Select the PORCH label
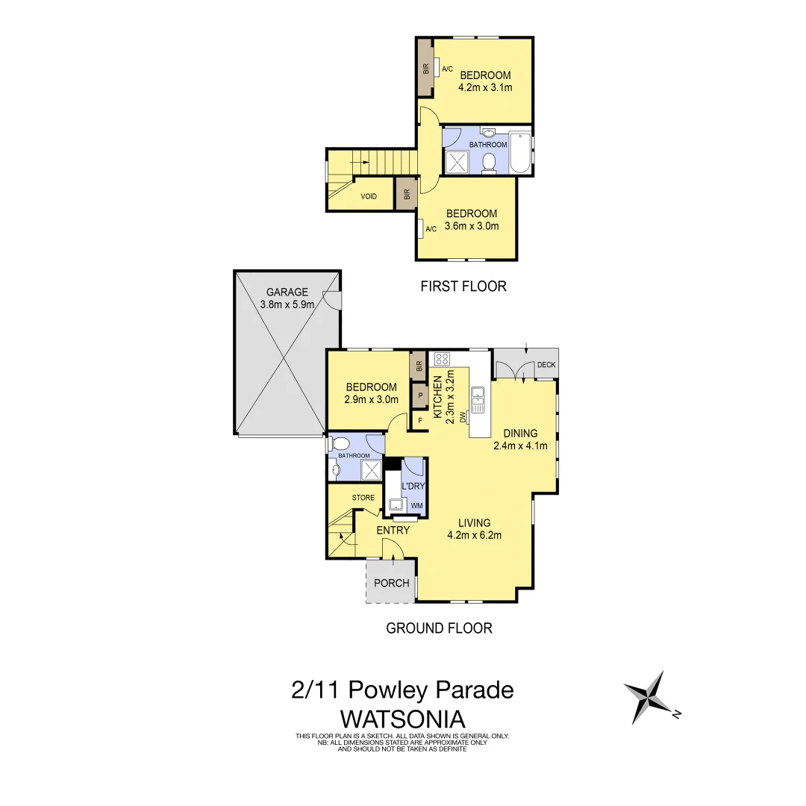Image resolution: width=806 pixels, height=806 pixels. click(x=392, y=583)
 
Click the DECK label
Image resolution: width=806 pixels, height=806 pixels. click(x=546, y=365)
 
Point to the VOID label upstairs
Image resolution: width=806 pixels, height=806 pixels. click(x=369, y=196)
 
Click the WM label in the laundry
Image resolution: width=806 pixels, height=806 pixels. click(x=416, y=507)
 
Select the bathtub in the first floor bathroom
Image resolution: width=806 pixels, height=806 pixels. click(x=519, y=153)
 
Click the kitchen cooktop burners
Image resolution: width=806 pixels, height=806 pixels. click(x=440, y=358)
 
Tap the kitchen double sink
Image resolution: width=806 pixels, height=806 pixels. click(x=478, y=398)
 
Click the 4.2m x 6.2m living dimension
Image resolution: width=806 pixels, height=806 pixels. click(x=474, y=534)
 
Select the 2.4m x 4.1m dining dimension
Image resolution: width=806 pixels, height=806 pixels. click(x=520, y=446)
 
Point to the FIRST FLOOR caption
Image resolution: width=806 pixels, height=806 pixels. click(x=463, y=286)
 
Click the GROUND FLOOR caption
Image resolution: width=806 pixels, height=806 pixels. click(x=439, y=628)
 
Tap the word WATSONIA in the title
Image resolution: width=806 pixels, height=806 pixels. click(x=403, y=719)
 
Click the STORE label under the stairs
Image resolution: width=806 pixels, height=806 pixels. click(x=363, y=498)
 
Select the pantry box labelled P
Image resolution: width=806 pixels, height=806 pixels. click(x=420, y=395)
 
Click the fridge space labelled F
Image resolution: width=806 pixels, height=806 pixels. click(x=420, y=420)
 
